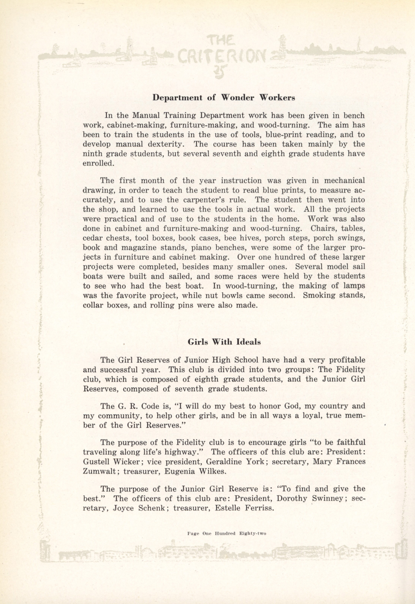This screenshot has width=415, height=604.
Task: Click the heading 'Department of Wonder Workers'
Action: coord(224,98)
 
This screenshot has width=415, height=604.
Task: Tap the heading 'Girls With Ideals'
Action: coord(224,342)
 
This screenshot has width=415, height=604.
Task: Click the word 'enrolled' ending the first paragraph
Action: coord(98,163)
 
